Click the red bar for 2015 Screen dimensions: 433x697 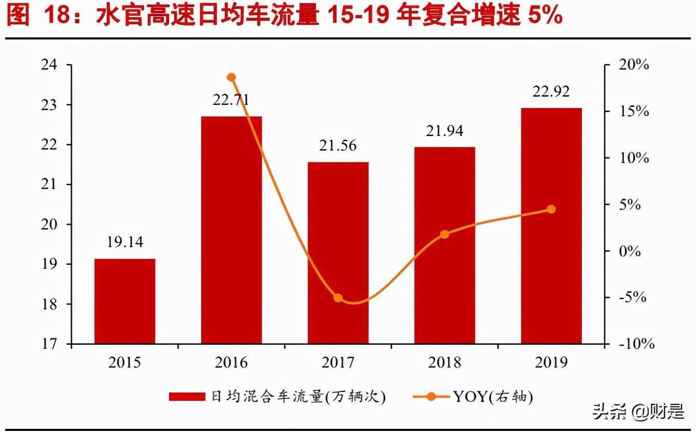[124, 301]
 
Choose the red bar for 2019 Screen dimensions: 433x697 [551, 226]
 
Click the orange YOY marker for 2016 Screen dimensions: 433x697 [231, 77]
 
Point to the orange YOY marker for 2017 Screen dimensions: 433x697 [338, 298]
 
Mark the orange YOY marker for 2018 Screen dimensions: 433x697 [444, 234]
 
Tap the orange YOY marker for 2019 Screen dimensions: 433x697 [551, 209]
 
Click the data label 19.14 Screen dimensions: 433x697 [124, 242]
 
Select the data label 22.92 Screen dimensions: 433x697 [551, 92]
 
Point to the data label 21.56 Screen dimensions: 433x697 [338, 146]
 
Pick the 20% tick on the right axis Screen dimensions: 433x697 [633, 65]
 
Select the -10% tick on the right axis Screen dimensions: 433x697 [633, 344]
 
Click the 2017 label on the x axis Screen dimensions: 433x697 [338, 362]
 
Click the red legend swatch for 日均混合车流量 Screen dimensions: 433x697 [187, 397]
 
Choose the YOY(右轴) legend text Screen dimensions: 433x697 [493, 397]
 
